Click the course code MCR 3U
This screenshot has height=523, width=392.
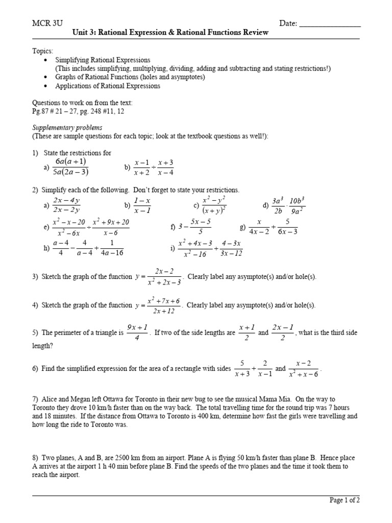[x=46, y=23]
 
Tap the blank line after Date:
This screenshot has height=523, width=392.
[x=330, y=24]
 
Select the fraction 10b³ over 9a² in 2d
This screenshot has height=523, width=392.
[x=296, y=205]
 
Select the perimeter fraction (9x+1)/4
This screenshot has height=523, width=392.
[x=137, y=332]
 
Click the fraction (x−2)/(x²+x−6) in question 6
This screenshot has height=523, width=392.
[x=304, y=369]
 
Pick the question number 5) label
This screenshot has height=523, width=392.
[x=35, y=332]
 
